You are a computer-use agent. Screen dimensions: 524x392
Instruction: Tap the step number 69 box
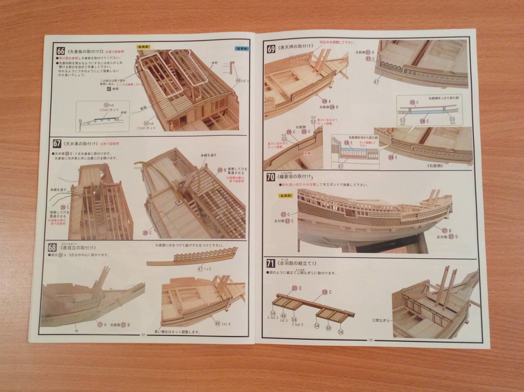(x=271, y=49)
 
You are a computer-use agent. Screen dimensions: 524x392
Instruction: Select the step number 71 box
(x=270, y=264)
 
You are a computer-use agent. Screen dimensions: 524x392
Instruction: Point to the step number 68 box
(x=52, y=247)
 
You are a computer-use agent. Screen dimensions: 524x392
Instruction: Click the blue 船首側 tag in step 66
(x=242, y=49)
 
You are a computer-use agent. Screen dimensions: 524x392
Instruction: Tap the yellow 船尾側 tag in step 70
(x=285, y=195)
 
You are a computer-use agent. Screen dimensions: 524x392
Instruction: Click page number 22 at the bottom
(x=143, y=335)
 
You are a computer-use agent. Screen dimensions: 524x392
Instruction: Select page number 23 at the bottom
(x=371, y=340)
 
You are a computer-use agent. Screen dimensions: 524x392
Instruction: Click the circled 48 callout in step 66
(x=238, y=81)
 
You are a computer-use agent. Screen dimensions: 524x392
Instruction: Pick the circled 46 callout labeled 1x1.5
(x=217, y=324)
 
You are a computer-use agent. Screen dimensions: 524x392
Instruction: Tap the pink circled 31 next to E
(x=294, y=288)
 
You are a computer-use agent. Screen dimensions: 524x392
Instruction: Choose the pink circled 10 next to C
(x=324, y=292)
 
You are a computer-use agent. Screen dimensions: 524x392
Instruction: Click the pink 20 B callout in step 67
(x=220, y=170)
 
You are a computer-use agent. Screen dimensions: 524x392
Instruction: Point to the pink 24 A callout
(x=325, y=101)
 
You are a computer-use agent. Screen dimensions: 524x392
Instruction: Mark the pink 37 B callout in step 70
(x=445, y=231)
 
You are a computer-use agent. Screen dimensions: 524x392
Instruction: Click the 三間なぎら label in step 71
(x=381, y=320)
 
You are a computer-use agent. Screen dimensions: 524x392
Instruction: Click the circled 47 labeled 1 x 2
(x=201, y=269)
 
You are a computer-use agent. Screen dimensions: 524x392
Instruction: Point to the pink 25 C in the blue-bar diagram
(x=412, y=102)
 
